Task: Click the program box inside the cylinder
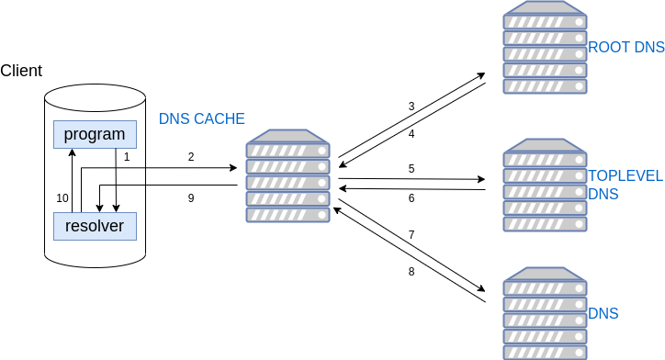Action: (x=95, y=134)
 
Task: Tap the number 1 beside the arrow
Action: (x=127, y=157)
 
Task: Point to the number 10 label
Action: (x=62, y=197)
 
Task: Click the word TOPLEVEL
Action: (x=626, y=175)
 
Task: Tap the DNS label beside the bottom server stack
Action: (x=603, y=314)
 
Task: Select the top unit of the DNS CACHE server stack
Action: (x=287, y=151)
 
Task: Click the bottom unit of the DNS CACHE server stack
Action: (x=287, y=215)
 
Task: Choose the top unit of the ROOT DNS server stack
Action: (x=545, y=21)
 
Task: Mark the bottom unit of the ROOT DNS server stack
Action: (x=545, y=86)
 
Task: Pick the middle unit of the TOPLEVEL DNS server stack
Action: (x=545, y=191)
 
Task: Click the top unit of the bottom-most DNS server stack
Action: (x=545, y=287)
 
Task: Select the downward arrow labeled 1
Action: (x=115, y=180)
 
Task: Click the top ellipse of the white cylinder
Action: (x=96, y=97)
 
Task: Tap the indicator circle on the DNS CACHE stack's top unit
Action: (x=320, y=150)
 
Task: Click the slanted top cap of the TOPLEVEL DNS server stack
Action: (x=545, y=145)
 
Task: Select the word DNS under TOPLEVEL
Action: (x=603, y=194)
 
